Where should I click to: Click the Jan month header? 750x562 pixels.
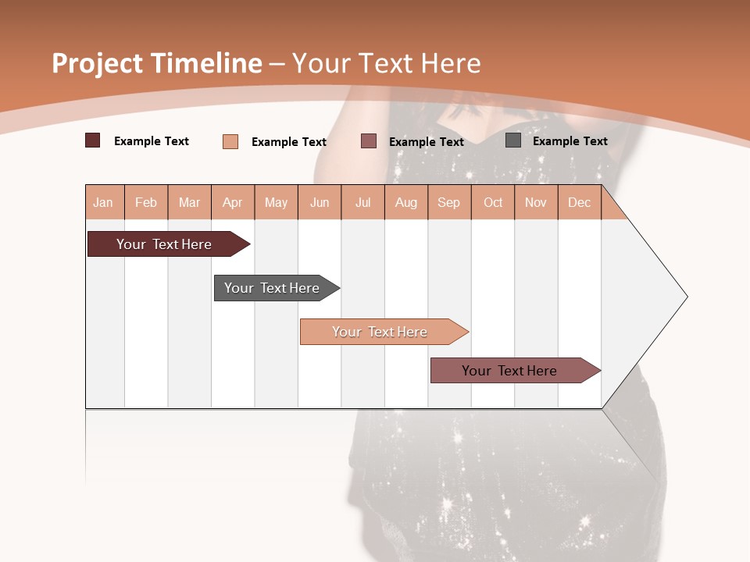[103, 202]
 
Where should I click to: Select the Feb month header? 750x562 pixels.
[146, 202]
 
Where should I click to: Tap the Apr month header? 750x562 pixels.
[233, 202]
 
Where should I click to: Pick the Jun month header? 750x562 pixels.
[320, 202]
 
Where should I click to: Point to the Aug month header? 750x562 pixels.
[406, 202]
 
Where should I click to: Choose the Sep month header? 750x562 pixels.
[448, 202]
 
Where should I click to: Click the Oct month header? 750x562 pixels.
[493, 202]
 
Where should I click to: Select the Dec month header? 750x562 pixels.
[579, 202]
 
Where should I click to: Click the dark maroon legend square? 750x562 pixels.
[93, 140]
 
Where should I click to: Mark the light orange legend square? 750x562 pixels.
[230, 141]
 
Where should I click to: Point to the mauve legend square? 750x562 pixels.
[369, 141]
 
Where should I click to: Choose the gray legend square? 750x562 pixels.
[513, 140]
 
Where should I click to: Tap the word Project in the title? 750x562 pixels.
[98, 63]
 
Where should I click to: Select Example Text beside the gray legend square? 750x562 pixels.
[570, 141]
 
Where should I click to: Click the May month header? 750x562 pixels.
[276, 202]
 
